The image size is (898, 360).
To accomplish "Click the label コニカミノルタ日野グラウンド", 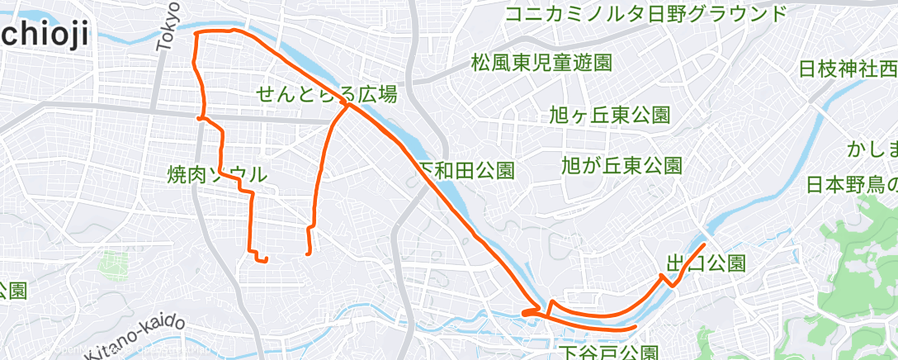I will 645,13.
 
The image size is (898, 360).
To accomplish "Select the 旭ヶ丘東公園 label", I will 609,115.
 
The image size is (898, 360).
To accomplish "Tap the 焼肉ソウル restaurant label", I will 217,174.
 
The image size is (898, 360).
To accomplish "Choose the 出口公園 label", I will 706,263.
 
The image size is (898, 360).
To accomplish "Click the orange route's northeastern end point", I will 704,244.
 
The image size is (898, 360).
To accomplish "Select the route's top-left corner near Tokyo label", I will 196,34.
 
